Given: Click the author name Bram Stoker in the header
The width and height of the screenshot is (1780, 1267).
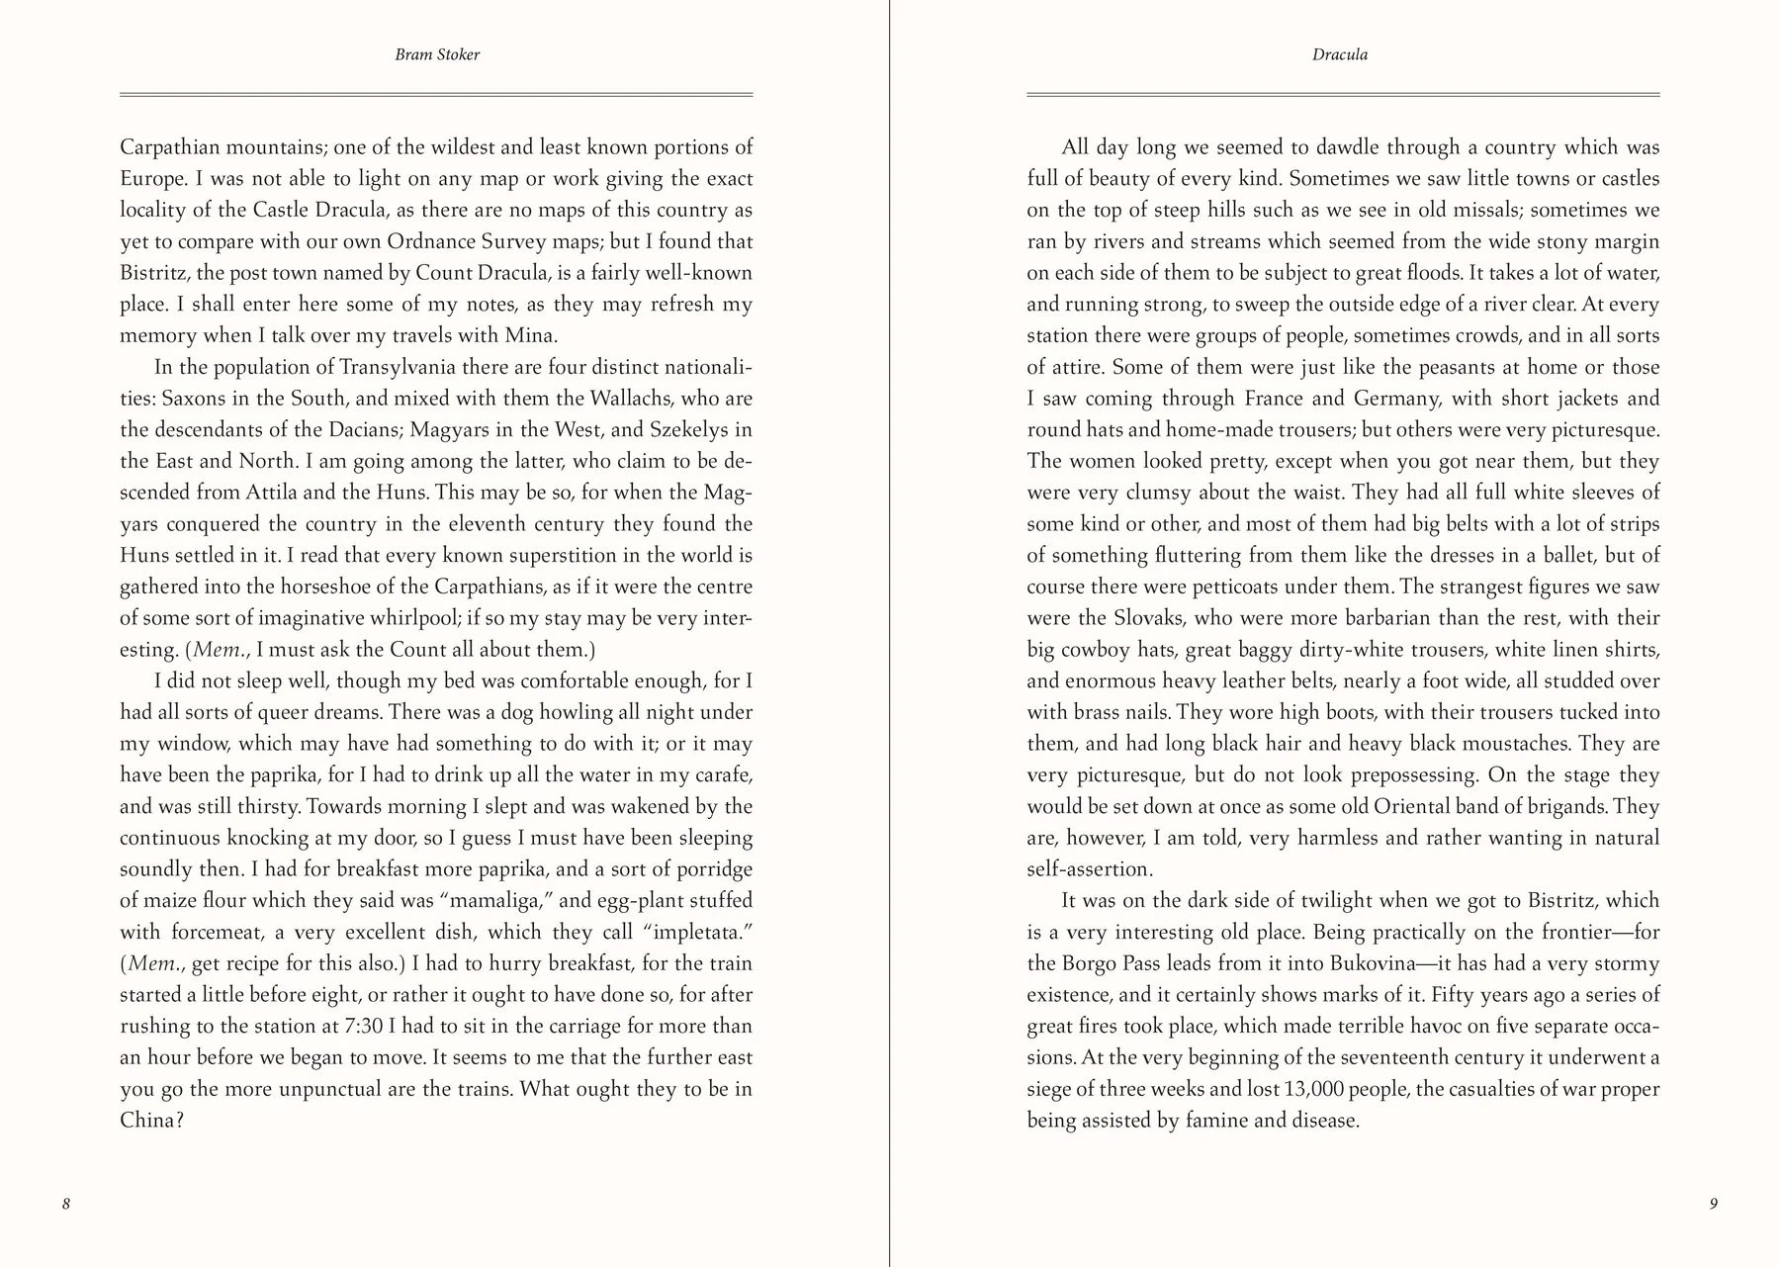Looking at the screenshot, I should click(x=437, y=54).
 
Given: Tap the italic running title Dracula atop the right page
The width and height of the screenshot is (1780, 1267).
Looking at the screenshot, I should click(x=1340, y=54).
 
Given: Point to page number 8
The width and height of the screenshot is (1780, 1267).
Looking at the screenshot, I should click(x=66, y=1204).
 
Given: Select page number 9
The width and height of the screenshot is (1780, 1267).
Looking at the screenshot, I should click(x=1714, y=1204).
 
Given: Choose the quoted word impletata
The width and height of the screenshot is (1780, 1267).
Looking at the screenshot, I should click(x=696, y=933).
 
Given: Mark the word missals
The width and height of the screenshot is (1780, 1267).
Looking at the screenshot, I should click(x=1480, y=211).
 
